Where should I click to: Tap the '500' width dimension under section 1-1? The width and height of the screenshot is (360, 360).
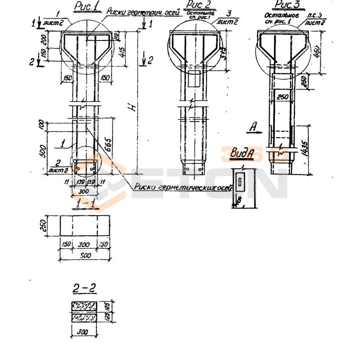point(84,256)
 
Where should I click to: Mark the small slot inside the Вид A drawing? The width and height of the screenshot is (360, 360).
point(241,182)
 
